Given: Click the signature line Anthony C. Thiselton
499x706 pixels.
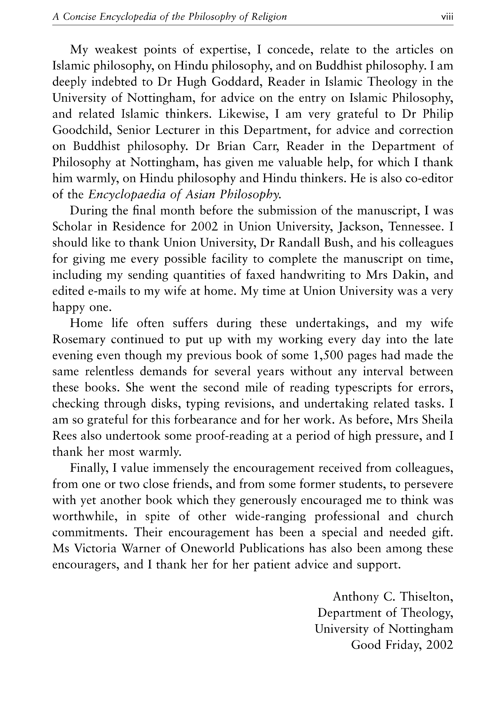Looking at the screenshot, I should tap(393, 597).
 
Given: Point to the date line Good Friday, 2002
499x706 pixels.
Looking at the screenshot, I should tap(402, 645).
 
